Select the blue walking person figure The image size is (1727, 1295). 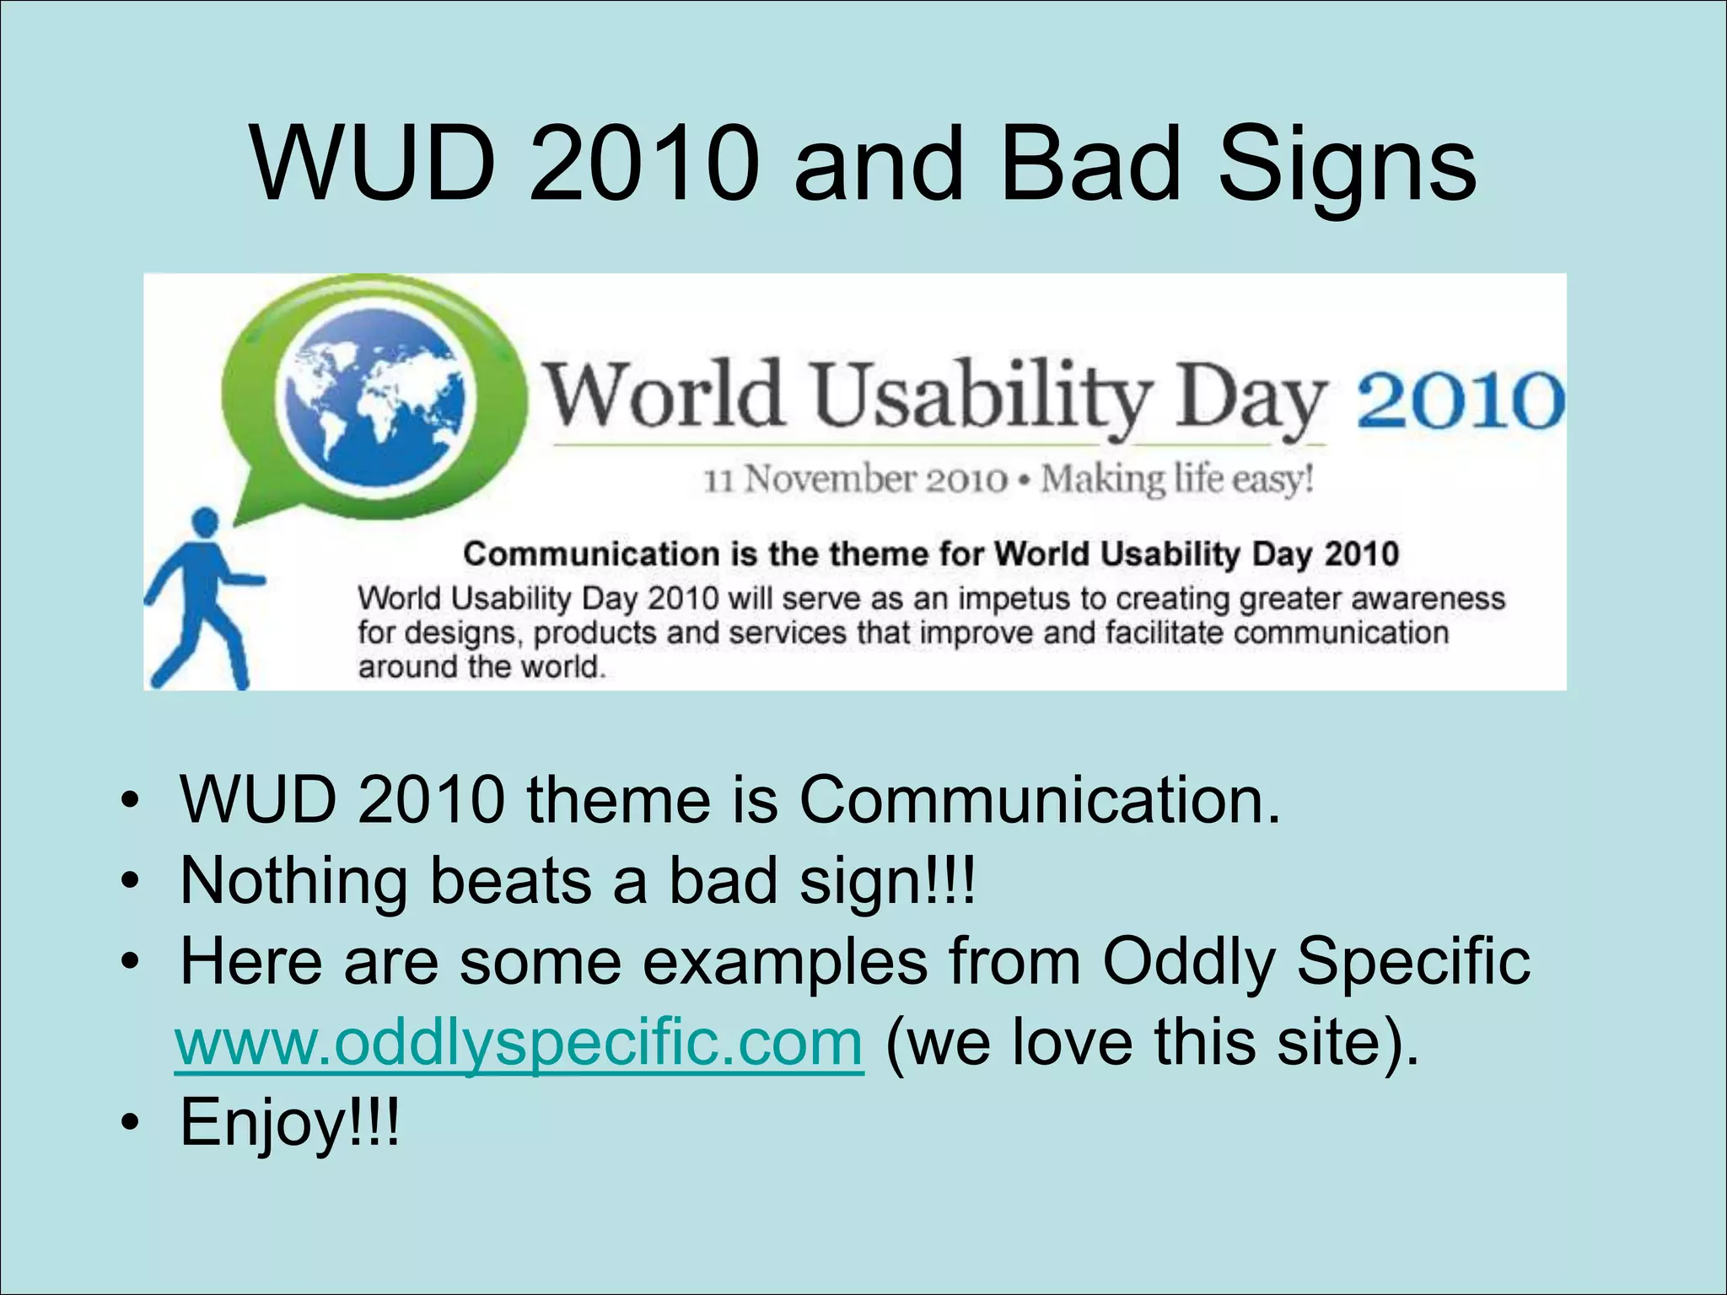(202, 599)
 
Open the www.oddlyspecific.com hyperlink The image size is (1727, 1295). (519, 1043)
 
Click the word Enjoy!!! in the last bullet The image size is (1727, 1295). (289, 1122)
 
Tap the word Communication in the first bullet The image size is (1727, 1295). (1039, 798)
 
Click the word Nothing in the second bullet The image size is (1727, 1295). (293, 880)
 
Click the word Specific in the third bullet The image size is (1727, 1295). (1412, 961)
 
